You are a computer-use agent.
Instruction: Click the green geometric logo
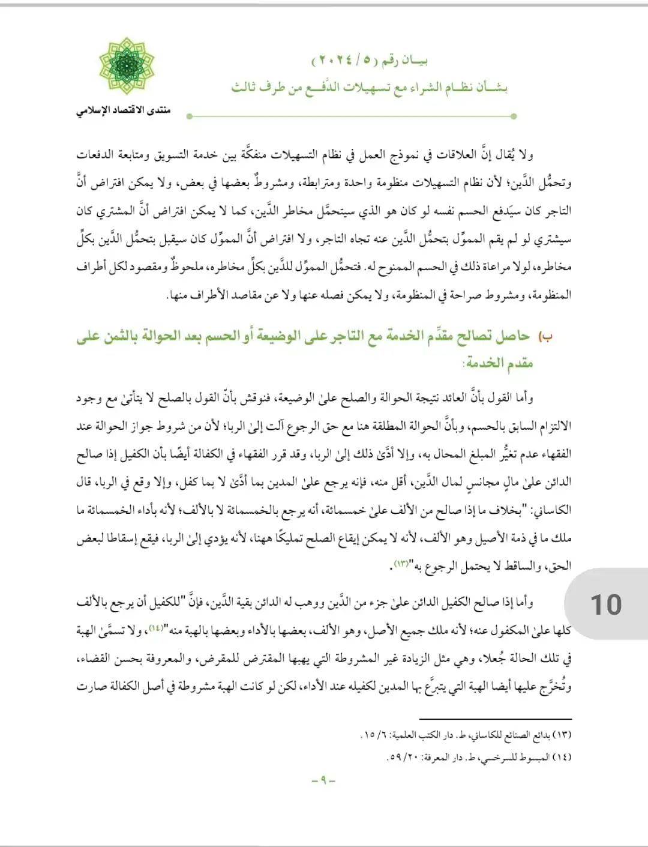point(127,66)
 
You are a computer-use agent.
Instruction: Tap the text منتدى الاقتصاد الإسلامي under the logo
point(124,110)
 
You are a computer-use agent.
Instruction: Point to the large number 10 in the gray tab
point(605,604)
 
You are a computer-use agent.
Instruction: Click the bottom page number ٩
point(323,780)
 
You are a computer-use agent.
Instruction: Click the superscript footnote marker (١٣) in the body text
point(400,564)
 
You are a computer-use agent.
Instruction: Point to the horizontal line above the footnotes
point(495,719)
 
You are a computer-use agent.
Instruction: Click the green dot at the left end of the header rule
point(190,116)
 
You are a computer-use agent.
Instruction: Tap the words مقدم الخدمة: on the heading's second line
point(499,363)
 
